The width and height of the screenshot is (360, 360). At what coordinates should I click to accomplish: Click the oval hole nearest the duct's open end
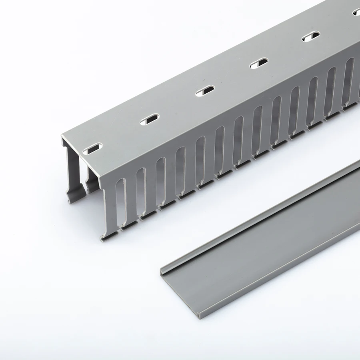coord(92,150)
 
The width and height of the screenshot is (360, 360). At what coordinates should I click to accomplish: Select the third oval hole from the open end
coord(205,91)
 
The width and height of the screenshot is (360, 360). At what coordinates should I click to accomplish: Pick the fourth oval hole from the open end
coord(258,63)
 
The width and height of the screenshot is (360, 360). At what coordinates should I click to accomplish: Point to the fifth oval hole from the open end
coord(311,36)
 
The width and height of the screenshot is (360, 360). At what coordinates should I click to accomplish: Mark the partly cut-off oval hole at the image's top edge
coord(356,12)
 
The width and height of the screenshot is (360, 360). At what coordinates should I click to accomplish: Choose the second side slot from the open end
coord(140,192)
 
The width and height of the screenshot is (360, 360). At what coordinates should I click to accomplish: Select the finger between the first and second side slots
coord(130,200)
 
